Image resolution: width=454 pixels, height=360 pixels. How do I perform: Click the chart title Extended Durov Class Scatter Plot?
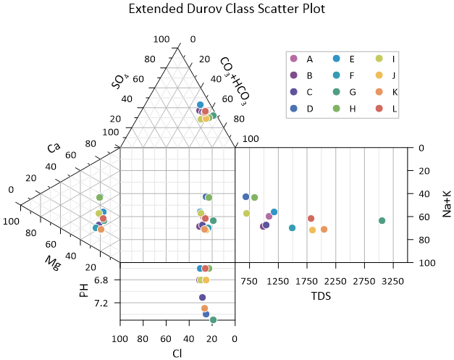click(227, 9)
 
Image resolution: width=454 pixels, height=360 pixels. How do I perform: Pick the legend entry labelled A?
click(309, 59)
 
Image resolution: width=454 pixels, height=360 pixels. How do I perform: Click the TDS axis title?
click(321, 296)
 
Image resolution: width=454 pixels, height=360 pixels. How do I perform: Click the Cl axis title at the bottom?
click(177, 353)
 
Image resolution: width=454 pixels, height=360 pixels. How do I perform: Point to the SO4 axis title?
click(119, 79)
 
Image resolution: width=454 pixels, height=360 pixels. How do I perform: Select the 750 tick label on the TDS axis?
click(249, 280)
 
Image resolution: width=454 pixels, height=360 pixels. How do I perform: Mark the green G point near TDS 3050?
click(382, 220)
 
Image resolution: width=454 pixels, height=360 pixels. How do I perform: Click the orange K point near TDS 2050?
click(324, 230)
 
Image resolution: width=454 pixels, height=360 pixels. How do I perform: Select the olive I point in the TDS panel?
click(246, 213)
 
